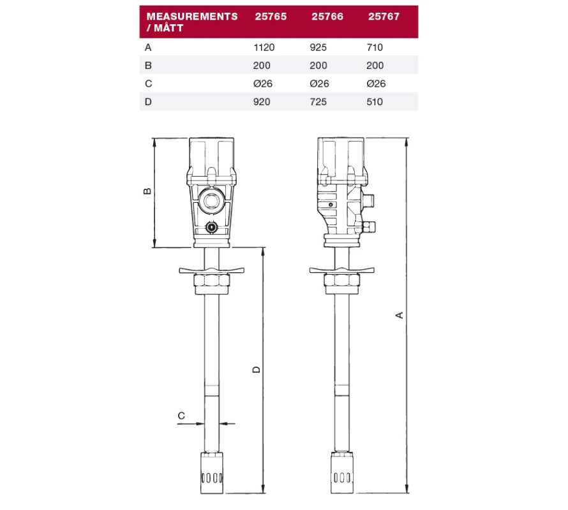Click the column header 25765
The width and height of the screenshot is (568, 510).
pyautogui.click(x=271, y=17)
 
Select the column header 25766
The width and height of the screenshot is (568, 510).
pyautogui.click(x=327, y=17)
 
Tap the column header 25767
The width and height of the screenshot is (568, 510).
pyautogui.click(x=384, y=17)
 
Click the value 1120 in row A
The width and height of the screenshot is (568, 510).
pyautogui.click(x=264, y=47)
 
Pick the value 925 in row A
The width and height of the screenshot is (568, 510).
pyautogui.click(x=318, y=47)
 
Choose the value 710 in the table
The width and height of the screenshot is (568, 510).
pyautogui.click(x=375, y=47)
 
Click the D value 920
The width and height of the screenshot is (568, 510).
pyautogui.click(x=262, y=102)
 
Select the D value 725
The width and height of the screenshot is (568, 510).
pyautogui.click(x=318, y=102)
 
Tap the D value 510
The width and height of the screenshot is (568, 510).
pyautogui.click(x=375, y=102)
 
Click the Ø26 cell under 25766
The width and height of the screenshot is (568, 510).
pyautogui.click(x=319, y=84)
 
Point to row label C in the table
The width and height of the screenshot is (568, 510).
pyautogui.click(x=148, y=84)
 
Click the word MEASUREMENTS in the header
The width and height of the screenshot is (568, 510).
pyautogui.click(x=192, y=17)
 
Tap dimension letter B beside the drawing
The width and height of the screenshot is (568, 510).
pyautogui.click(x=147, y=191)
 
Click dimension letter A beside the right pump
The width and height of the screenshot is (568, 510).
pyautogui.click(x=399, y=315)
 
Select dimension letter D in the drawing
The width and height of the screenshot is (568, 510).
pyautogui.click(x=256, y=369)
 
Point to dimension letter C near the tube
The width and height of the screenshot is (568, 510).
pyautogui.click(x=181, y=416)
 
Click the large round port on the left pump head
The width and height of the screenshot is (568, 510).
pyautogui.click(x=211, y=201)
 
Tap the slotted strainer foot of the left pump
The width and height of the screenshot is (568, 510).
pyautogui.click(x=211, y=472)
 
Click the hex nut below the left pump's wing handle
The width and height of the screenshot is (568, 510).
pyautogui.click(x=211, y=280)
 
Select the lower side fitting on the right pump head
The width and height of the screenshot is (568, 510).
pyautogui.click(x=368, y=227)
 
